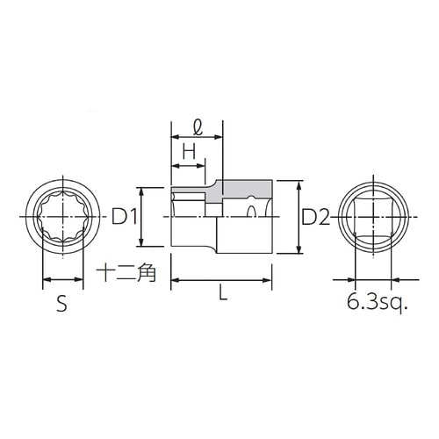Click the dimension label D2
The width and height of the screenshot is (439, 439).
tap(315, 217)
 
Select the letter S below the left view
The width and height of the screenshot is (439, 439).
tap(61, 305)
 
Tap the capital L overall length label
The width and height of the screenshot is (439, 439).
tap(222, 297)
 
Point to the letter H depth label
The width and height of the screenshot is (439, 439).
tap(187, 152)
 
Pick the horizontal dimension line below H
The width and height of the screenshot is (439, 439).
tap(187, 164)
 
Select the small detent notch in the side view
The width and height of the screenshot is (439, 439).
tap(253, 212)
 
